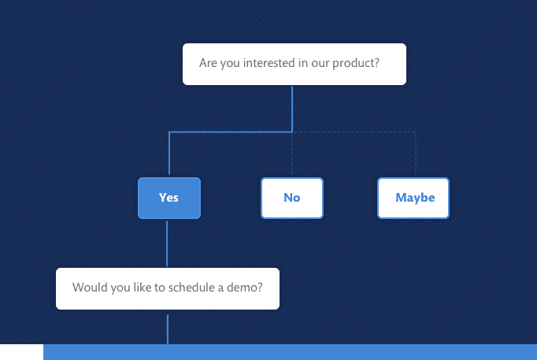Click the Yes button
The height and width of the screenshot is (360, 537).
[x=169, y=198]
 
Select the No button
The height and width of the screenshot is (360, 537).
[x=292, y=198]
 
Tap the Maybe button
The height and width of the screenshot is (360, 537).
[x=413, y=198]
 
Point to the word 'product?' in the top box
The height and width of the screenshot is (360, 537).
[x=356, y=63]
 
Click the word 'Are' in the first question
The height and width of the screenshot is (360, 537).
[x=208, y=63]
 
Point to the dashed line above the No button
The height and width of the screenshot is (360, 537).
[x=292, y=154]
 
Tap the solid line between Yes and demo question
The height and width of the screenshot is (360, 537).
[x=167, y=243]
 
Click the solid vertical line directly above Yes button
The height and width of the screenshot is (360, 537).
[x=169, y=153]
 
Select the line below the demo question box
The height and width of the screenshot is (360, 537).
[x=168, y=329]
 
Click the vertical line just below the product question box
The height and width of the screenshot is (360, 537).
[x=292, y=109]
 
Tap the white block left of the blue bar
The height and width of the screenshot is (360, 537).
[x=21, y=352]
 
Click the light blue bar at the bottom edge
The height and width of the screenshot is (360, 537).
[x=290, y=352]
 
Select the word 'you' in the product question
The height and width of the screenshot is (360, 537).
[x=230, y=64]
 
